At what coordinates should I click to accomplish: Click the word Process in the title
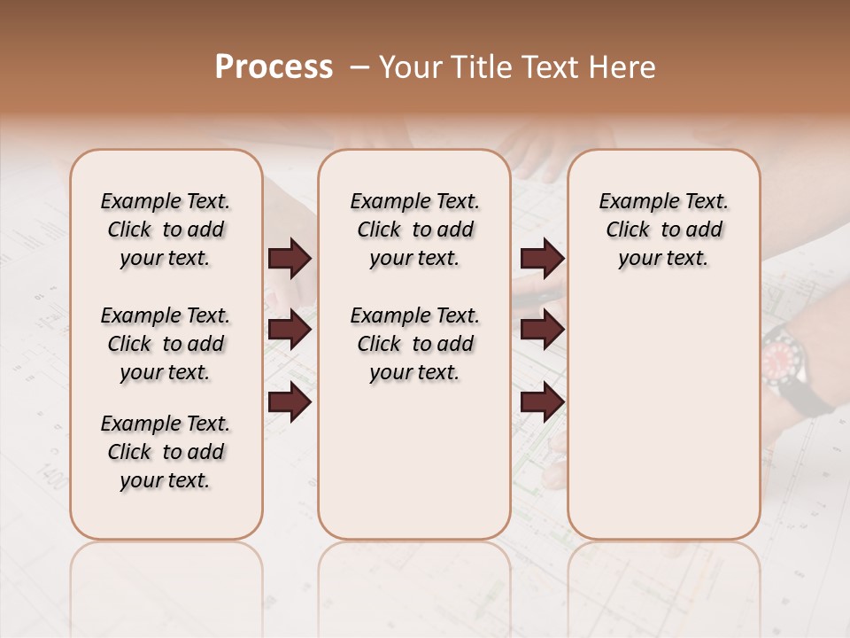tap(274, 67)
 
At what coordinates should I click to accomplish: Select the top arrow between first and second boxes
tap(290, 259)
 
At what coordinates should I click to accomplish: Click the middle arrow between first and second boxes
tap(290, 331)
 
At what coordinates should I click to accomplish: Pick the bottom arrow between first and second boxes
tap(290, 402)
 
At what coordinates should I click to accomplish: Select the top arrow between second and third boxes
tap(542, 259)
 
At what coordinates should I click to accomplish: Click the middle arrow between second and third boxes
tap(542, 331)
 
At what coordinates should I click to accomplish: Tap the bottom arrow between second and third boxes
tap(542, 402)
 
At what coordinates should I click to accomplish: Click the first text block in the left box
tap(166, 230)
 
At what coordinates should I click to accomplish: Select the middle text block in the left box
tap(166, 344)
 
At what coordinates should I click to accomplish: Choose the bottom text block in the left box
tap(166, 452)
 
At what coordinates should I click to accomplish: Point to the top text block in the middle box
tap(414, 230)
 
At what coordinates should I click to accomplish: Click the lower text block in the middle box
tap(414, 344)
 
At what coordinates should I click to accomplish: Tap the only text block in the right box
tap(664, 230)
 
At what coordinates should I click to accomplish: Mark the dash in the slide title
tap(359, 67)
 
